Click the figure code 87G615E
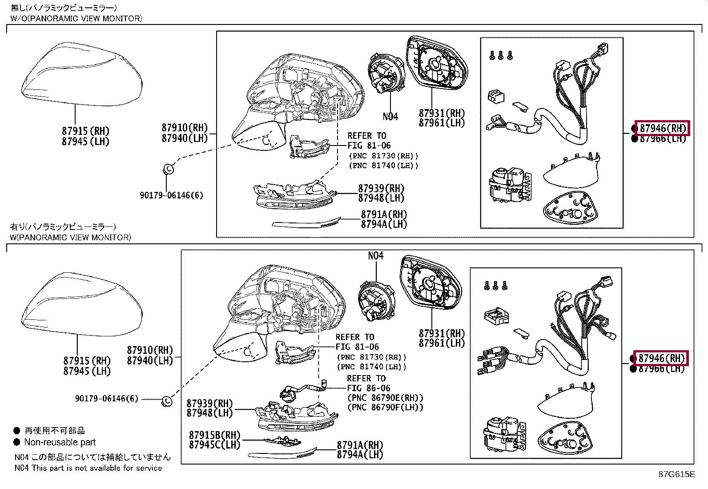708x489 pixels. [x=676, y=474]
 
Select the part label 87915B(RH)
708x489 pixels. [x=214, y=435]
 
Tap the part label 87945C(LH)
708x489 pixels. [x=214, y=445]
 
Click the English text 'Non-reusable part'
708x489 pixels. [x=60, y=442]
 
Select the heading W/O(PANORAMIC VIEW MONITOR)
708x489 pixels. [x=76, y=18]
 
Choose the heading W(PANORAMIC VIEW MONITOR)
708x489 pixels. [x=71, y=237]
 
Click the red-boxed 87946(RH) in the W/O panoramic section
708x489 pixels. [x=662, y=128]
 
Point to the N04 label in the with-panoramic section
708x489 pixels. [x=375, y=256]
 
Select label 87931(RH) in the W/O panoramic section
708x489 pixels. [x=442, y=113]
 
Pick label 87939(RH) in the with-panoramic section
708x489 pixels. [x=209, y=404]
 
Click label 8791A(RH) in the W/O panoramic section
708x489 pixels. [x=384, y=214]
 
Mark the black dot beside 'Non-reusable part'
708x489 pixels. [x=17, y=442]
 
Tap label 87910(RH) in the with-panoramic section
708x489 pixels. [x=149, y=351]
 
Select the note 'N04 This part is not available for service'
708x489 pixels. [x=88, y=468]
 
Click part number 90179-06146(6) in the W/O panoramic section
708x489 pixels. [x=171, y=195]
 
